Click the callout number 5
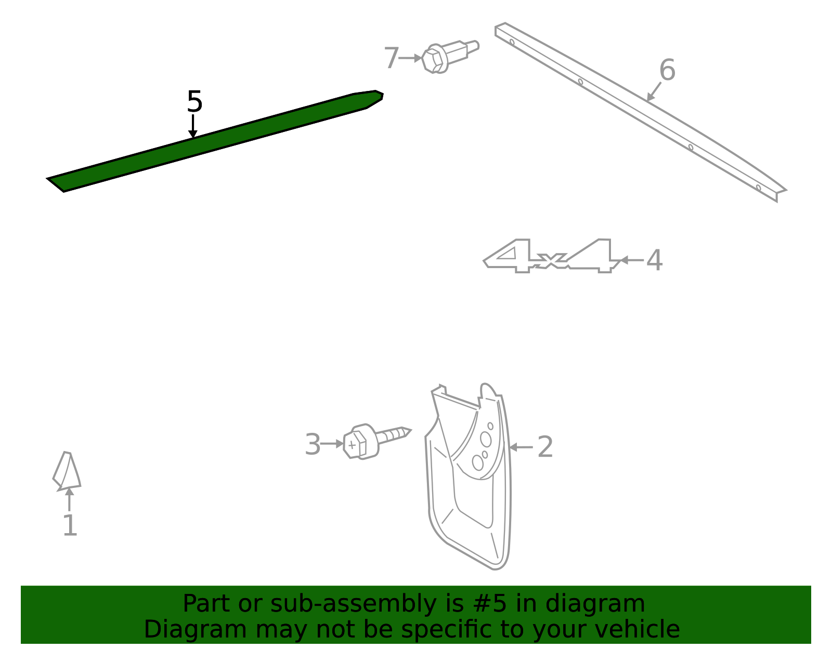[x=194, y=101]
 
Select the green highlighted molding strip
[x=214, y=141]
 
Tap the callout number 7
[x=392, y=58]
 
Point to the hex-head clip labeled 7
[x=450, y=57]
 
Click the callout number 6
[x=667, y=70]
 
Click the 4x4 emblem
[x=551, y=256]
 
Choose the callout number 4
[x=654, y=260]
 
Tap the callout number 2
[x=545, y=447]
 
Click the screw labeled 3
[x=377, y=442]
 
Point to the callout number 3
[x=313, y=444]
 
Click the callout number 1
[x=70, y=525]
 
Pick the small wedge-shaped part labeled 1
[x=67, y=471]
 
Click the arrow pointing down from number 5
[x=193, y=126]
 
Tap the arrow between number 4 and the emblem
[x=632, y=260]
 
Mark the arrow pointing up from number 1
[x=69, y=499]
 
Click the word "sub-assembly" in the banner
[x=354, y=603]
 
